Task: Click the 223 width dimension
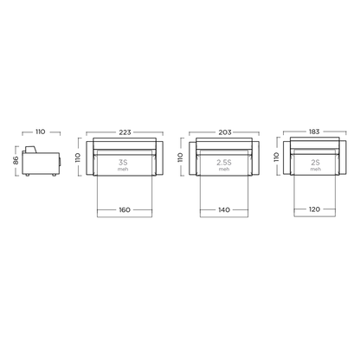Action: point(125,132)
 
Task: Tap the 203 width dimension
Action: point(225,132)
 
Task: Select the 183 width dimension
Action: point(314,132)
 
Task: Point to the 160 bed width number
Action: point(125,209)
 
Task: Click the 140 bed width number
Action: point(224,209)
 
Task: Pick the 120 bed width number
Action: point(314,209)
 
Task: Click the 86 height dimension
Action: point(16,160)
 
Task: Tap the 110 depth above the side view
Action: point(41,132)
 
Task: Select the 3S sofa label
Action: point(123,163)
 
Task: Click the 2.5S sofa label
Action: point(224,163)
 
